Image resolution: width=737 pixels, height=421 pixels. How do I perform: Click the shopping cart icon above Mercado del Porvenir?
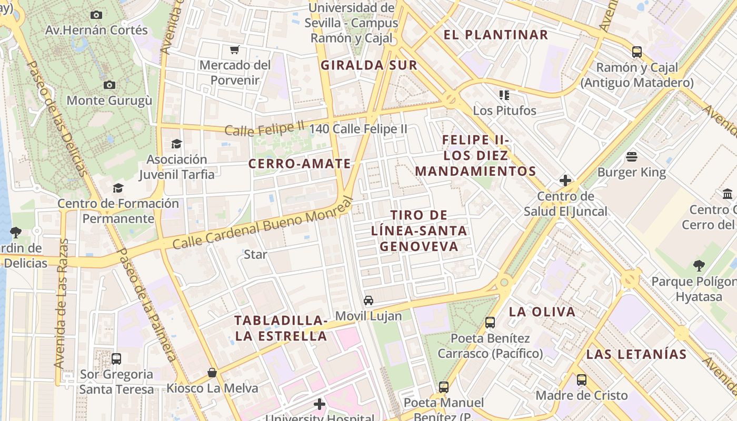[235, 50]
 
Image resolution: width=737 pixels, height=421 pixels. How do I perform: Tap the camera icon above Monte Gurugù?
[109, 85]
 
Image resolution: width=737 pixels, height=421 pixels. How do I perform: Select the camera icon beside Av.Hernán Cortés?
[96, 15]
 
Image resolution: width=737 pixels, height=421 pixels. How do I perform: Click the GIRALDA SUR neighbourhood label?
[369, 65]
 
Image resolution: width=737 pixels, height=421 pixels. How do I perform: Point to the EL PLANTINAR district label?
[496, 35]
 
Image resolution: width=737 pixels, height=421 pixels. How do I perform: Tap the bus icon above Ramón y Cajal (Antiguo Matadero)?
[637, 52]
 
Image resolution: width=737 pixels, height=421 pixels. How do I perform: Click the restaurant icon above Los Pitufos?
[504, 95]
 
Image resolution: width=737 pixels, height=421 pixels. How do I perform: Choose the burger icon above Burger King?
[632, 156]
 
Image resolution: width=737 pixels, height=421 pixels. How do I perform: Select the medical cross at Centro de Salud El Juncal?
[565, 181]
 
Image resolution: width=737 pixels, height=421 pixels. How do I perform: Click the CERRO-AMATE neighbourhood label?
[300, 164]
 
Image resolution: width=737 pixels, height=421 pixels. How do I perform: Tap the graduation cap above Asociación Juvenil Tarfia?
[177, 144]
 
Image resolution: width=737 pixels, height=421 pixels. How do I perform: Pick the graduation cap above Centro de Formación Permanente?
[118, 188]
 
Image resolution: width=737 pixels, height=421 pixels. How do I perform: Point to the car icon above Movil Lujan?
[368, 300]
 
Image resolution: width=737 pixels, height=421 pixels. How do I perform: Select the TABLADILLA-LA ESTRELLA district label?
[281, 328]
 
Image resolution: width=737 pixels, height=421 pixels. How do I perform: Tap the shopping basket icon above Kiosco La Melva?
[212, 373]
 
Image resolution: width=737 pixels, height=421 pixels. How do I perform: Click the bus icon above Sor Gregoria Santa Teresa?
[116, 359]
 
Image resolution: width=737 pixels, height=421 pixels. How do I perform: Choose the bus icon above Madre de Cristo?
[582, 379]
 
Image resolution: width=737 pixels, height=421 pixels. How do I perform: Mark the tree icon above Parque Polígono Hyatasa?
[699, 265]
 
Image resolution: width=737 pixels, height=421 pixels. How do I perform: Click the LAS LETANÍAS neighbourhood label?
[636, 354]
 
